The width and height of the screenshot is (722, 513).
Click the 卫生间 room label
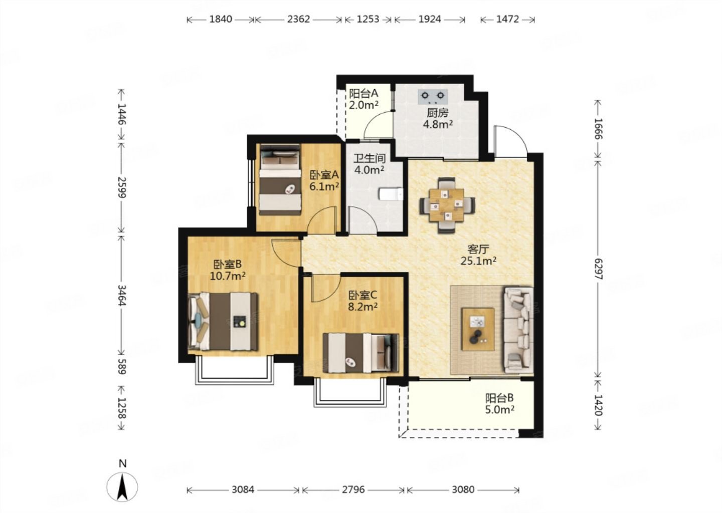pos(370,158)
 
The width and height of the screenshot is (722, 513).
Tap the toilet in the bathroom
pos(391,194)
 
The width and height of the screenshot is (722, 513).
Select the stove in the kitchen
pos(433,96)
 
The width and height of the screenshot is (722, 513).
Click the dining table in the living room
pos(447,205)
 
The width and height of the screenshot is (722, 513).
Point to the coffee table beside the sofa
pos(478,329)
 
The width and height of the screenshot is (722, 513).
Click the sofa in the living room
pos(518,331)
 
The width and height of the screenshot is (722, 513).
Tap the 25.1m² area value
pos(478,261)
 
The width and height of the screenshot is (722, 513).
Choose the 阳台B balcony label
pos(499,398)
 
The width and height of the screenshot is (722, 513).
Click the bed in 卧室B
pos(223,321)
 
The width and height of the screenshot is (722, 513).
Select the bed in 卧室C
pos(360,353)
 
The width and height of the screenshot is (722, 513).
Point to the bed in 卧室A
pos(280,180)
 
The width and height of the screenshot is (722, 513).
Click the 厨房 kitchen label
pos(437,113)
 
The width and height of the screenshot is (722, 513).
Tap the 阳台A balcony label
pos(364,93)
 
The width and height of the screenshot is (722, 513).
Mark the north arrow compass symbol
pos(122,487)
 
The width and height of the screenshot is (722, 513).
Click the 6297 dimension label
pos(598,269)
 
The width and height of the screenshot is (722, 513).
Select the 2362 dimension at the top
pos(298,20)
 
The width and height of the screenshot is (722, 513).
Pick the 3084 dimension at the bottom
pos(243,490)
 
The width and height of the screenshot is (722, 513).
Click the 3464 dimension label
pos(122,295)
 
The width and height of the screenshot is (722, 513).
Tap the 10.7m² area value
pos(228,276)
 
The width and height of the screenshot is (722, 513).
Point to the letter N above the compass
pos(122,463)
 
